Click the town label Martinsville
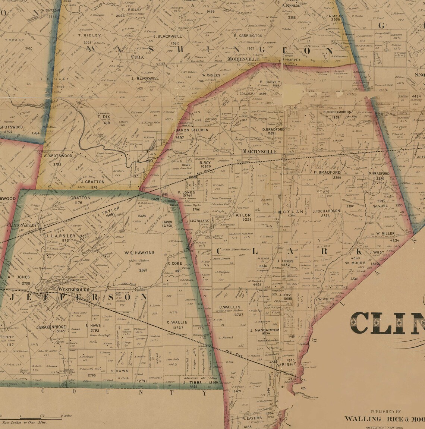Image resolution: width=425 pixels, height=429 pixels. (x=259, y=152)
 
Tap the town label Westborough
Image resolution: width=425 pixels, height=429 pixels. (x=73, y=289)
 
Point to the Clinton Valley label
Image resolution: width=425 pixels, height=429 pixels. (x=22, y=225)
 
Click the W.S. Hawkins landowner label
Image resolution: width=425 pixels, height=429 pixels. (x=139, y=252)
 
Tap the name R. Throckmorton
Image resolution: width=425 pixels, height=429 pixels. (x=337, y=112)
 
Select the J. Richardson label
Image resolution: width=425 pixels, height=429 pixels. (x=326, y=211)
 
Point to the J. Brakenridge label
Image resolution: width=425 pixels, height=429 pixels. (x=51, y=327)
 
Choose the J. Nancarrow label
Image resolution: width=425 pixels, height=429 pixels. (x=265, y=330)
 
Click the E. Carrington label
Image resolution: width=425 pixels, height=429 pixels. (x=248, y=36)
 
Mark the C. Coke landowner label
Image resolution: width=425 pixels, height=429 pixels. (x=174, y=264)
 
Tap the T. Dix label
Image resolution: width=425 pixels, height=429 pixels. (x=104, y=117)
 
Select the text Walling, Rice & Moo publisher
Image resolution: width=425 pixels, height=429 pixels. (x=384, y=419)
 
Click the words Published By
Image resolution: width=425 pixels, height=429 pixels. (x=385, y=411)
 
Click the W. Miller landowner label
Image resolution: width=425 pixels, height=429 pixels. (x=385, y=233)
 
